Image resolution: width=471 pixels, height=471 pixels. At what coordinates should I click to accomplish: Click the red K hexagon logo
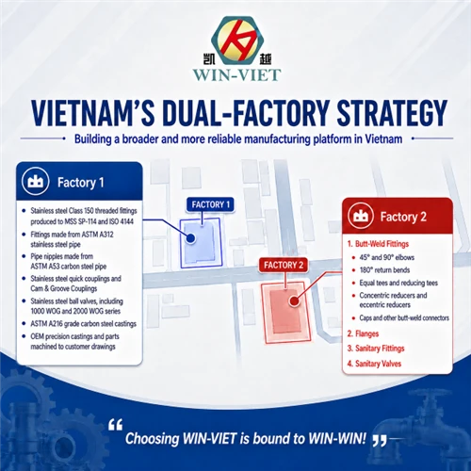tap(237, 40)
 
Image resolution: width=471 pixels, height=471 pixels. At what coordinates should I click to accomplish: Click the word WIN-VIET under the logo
tap(237, 75)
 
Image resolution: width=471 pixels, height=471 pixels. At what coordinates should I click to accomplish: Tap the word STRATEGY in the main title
tap(392, 113)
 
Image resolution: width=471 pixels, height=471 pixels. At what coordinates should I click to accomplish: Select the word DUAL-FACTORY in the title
tap(245, 113)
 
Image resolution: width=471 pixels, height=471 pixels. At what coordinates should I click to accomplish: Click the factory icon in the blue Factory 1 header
tap(35, 182)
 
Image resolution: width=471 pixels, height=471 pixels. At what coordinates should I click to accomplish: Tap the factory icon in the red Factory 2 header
tap(361, 216)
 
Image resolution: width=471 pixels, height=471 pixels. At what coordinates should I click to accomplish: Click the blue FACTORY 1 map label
tap(211, 204)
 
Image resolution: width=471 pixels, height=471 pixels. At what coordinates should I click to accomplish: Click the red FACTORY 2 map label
tap(284, 266)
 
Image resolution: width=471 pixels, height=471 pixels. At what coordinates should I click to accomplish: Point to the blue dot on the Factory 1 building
tap(190, 238)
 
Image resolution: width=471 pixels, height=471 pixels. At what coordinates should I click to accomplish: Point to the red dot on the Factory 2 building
tap(294, 301)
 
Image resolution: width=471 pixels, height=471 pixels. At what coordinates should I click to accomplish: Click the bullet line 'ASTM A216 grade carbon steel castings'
tap(83, 324)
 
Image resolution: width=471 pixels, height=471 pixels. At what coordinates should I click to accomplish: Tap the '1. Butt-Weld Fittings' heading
tap(378, 244)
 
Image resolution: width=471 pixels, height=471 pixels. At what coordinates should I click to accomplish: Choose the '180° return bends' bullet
tap(384, 270)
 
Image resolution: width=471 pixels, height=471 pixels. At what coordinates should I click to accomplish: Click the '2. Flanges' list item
tap(363, 333)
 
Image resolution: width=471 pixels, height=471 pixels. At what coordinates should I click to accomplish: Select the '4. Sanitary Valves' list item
tap(374, 364)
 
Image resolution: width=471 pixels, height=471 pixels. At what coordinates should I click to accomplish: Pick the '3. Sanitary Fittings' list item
tap(376, 349)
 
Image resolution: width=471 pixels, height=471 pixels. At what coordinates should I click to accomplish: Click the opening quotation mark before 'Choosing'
tap(115, 425)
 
